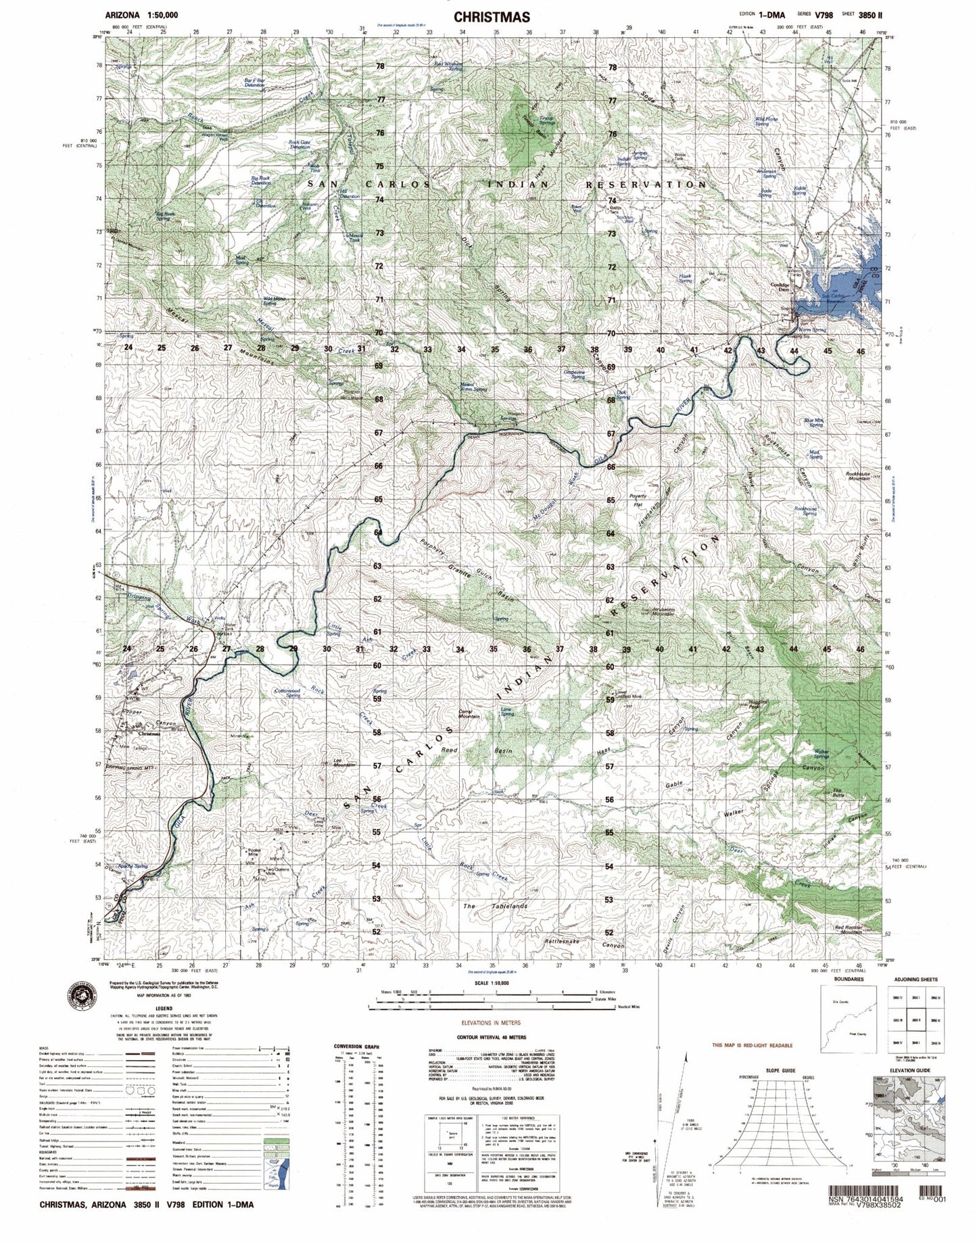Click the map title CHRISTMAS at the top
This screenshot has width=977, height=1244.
(491, 17)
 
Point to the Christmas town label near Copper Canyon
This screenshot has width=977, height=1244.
(150, 734)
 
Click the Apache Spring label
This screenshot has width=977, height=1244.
(133, 866)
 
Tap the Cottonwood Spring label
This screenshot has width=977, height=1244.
(283, 692)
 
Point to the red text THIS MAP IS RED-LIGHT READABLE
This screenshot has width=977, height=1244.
(751, 1046)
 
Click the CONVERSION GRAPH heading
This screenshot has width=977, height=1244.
(356, 1047)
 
